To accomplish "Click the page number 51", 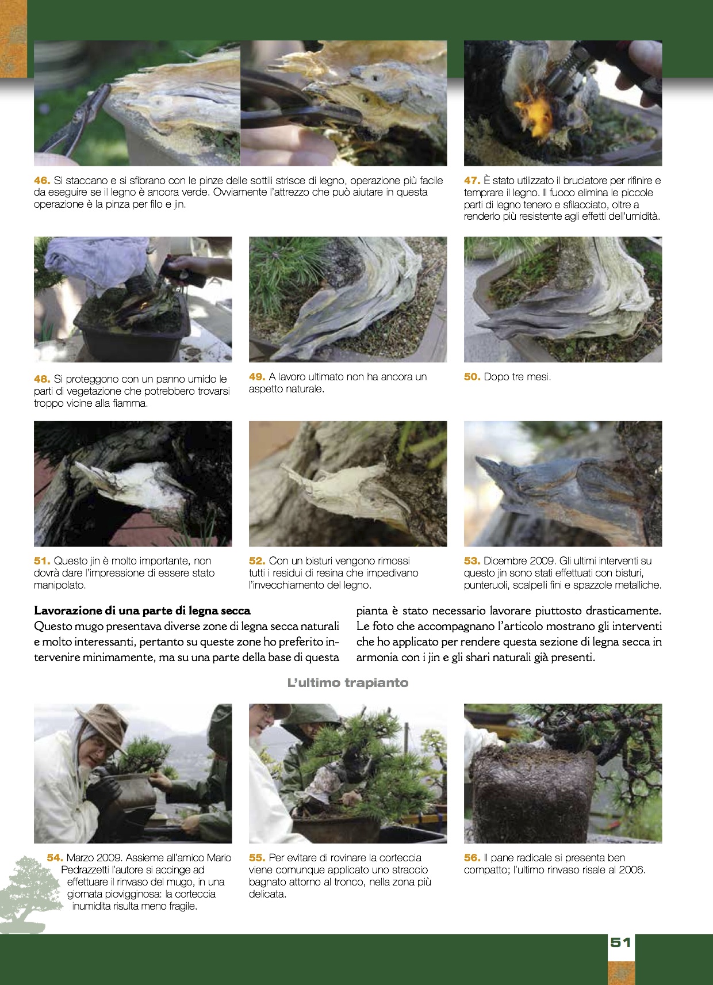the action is [x=620, y=942].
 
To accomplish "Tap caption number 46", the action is [x=42, y=180].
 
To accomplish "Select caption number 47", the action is [x=471, y=180].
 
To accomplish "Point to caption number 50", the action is [x=471, y=377].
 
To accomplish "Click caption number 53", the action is [x=471, y=561].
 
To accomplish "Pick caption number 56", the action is [x=471, y=858].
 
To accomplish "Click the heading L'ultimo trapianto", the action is [x=348, y=683].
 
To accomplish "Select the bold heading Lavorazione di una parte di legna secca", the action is [x=142, y=611].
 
